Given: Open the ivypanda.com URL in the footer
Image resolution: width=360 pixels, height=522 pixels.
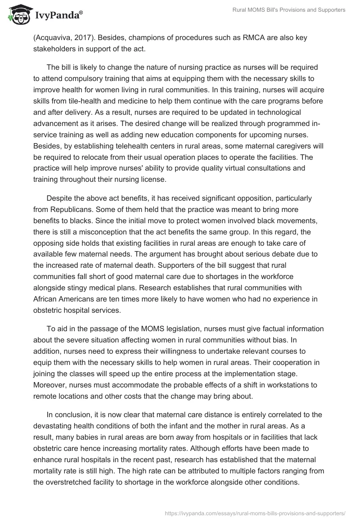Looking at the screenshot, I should point(255,513).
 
